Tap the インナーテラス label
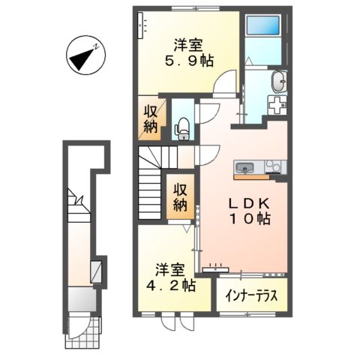[x=252, y=295]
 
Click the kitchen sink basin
[x=246, y=166]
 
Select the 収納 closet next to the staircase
[x=180, y=196]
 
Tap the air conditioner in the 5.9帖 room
[x=140, y=27]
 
